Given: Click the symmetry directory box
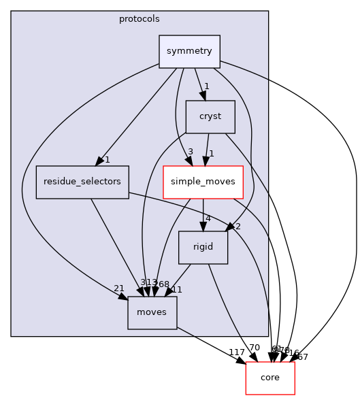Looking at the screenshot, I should [x=189, y=52].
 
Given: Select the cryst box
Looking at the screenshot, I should [x=210, y=116].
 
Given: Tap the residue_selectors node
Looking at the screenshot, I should [x=82, y=182].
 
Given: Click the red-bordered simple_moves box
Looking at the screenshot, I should [x=203, y=182].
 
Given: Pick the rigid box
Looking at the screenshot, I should [x=203, y=248].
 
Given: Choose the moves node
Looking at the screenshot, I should [x=152, y=313].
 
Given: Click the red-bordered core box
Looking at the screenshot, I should [x=269, y=378].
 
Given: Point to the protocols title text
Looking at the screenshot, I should [x=140, y=18].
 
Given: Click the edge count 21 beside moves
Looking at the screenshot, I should [x=119, y=288].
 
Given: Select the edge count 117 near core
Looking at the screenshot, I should [x=238, y=352].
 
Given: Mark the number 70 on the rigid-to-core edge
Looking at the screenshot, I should [x=254, y=348].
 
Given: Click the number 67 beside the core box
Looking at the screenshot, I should [x=302, y=356].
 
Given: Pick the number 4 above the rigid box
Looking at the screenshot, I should [x=208, y=219].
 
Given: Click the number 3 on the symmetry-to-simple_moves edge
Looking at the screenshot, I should [x=191, y=151].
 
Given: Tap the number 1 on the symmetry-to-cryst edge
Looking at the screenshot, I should [x=206, y=86].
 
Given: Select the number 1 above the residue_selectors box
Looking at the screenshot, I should [x=107, y=159].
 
